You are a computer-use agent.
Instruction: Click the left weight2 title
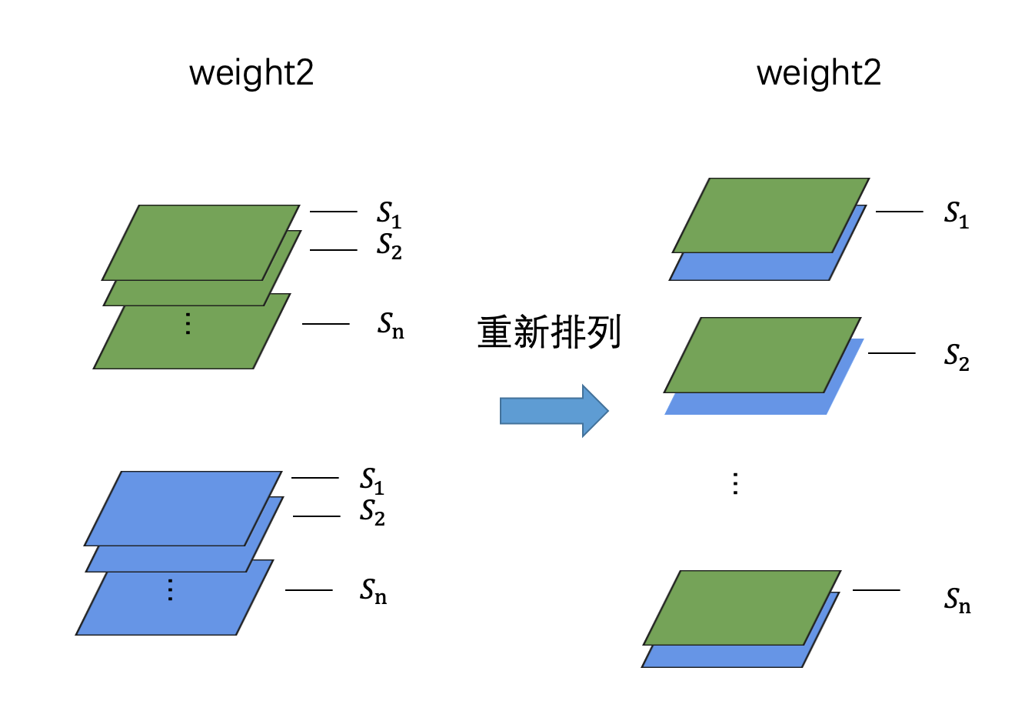coord(251,73)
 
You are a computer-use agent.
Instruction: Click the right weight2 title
coord(818,73)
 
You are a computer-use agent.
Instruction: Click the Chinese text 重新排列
coord(549,332)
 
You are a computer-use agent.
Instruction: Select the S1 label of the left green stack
coord(389,215)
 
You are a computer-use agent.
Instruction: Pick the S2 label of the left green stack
coord(389,246)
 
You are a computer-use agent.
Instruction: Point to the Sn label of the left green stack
coord(390,325)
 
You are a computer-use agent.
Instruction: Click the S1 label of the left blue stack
coord(372,481)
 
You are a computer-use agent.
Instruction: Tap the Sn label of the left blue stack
coord(373,591)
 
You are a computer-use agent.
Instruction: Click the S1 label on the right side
coord(957,215)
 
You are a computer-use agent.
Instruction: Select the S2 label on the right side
coord(957,357)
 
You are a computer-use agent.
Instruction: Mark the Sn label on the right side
coord(957,599)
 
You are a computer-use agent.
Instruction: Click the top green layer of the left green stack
coord(201,242)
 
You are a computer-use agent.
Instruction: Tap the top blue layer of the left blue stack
coord(183,508)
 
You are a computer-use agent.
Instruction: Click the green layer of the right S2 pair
coord(762,355)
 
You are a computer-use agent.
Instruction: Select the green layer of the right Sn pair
coord(742,607)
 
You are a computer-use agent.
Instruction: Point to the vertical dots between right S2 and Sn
coord(735,483)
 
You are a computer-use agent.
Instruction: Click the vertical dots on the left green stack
coord(188,323)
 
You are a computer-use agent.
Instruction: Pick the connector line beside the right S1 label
coord(899,211)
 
